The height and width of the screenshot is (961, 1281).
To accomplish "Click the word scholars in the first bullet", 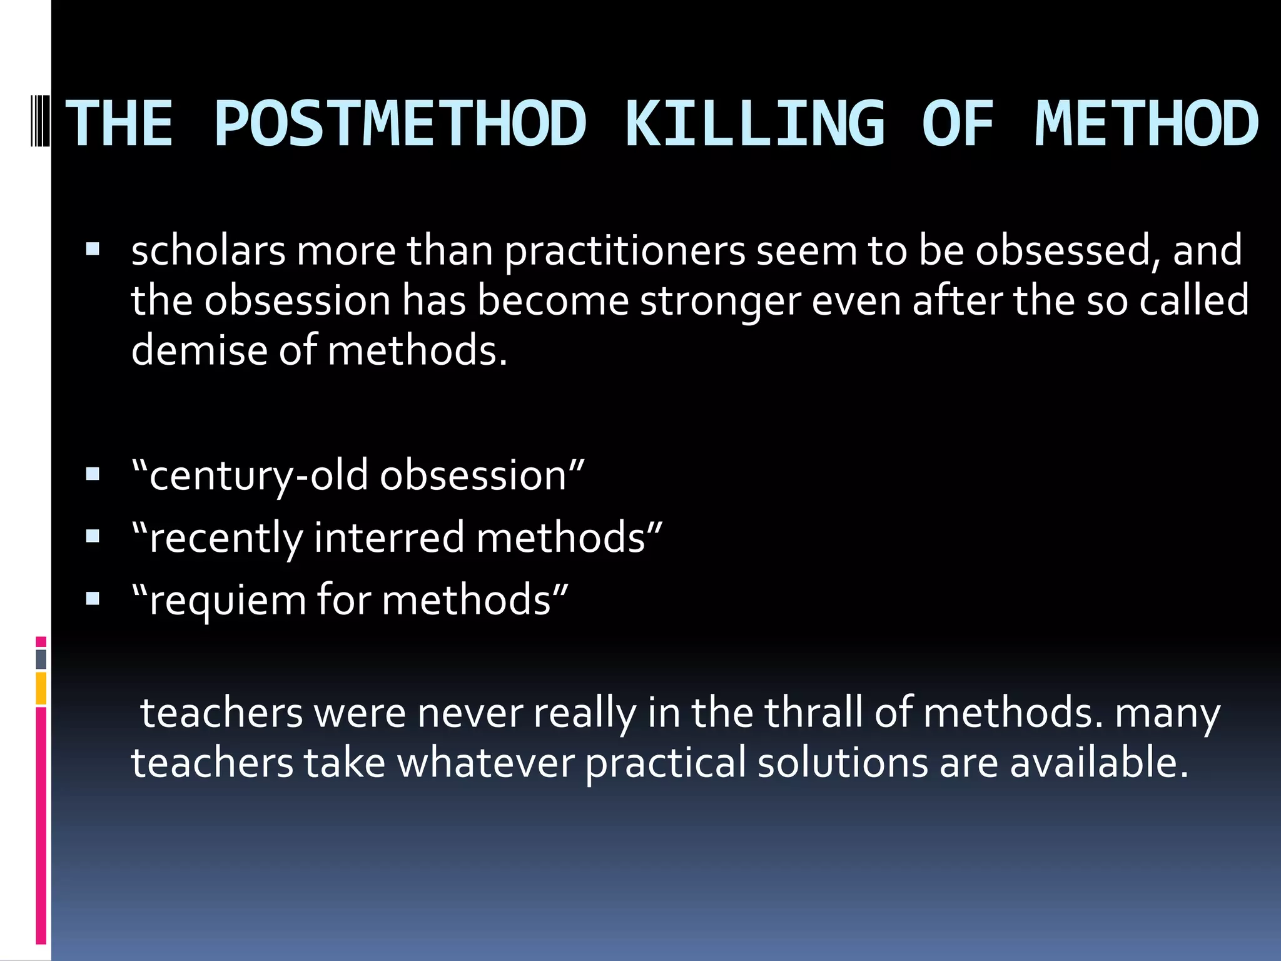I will pyautogui.click(x=208, y=250).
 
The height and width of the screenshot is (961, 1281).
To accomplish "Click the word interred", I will pyautogui.click(x=388, y=537).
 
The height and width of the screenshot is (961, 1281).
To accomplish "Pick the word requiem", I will pyautogui.click(x=228, y=601).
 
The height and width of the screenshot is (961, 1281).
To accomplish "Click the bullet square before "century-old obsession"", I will pyautogui.click(x=93, y=475).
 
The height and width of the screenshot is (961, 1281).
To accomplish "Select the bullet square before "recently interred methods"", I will pyautogui.click(x=93, y=537).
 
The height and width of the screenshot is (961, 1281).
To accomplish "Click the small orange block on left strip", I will pyautogui.click(x=41, y=688).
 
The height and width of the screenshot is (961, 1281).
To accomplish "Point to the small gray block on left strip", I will pyautogui.click(x=41, y=659).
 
